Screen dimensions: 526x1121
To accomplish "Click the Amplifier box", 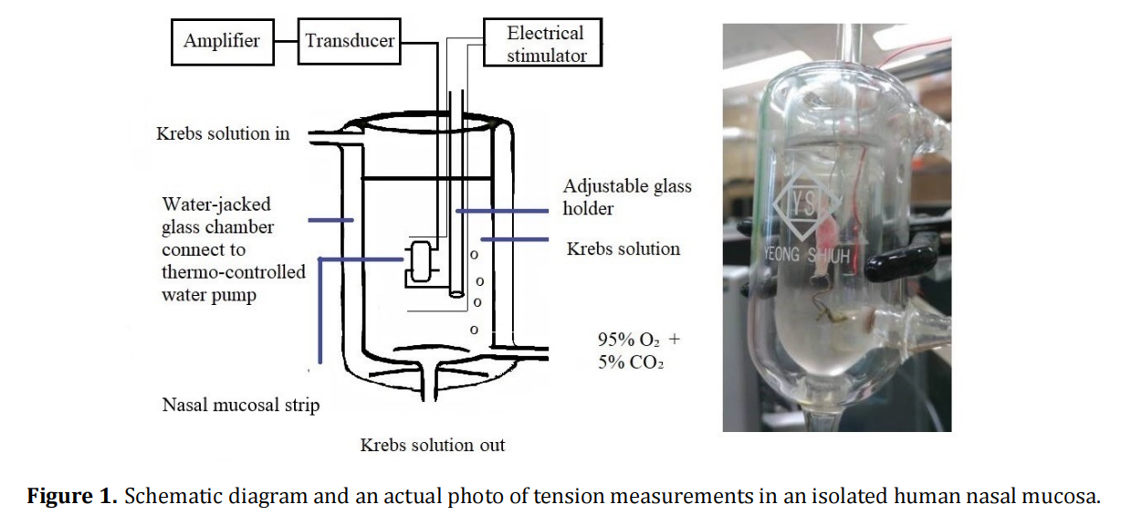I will pos(222,40).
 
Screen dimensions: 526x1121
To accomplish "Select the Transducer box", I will pos(350,40).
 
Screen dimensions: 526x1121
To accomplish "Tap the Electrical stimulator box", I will pos(545,44).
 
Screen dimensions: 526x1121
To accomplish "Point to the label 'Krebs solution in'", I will pos(223,133).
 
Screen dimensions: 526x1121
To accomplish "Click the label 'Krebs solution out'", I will pos(432,446).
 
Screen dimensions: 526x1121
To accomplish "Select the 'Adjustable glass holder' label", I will pos(627,197).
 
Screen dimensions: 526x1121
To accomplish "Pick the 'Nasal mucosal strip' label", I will pos(240,405).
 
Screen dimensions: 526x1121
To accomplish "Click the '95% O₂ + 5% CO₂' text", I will pos(638,351).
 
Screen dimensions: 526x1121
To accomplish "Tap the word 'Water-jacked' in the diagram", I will pos(216,204).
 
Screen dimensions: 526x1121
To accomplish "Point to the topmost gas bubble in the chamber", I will pos(474,255).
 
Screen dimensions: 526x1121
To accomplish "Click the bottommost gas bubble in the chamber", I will pos(473,329).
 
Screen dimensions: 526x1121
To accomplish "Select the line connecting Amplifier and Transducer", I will pos(286,40).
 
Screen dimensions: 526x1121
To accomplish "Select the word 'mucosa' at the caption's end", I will pos(1067,497).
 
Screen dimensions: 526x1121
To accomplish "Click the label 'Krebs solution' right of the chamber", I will pos(623,248).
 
